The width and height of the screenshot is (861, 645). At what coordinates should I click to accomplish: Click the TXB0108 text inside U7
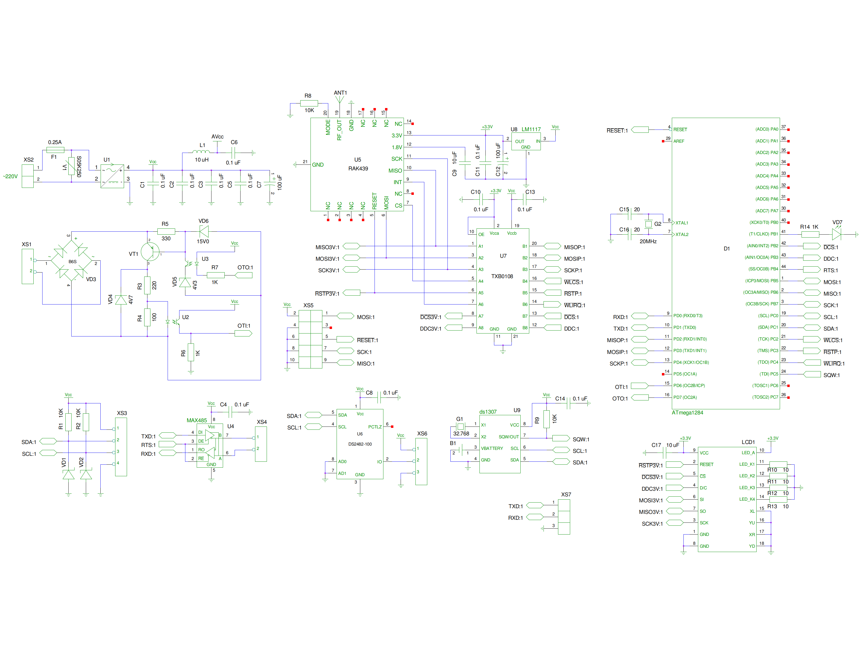502,277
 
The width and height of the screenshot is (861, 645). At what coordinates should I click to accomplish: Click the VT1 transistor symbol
150,252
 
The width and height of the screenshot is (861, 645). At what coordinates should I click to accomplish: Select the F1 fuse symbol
55,150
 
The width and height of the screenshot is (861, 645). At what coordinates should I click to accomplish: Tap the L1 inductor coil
201,152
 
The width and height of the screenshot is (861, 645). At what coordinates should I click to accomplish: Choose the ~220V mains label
10,177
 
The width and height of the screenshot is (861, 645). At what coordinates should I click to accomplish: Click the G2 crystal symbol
648,224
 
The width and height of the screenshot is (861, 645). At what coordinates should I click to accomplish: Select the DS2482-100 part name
360,444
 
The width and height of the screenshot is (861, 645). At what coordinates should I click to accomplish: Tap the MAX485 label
197,420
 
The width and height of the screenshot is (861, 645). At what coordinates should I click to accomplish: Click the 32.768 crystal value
461,433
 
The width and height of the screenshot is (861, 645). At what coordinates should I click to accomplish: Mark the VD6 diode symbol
204,232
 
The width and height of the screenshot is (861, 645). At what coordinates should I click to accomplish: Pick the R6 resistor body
191,352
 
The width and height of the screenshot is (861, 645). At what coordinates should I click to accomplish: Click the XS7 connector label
566,494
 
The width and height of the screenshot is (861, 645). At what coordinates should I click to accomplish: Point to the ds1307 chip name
488,412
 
